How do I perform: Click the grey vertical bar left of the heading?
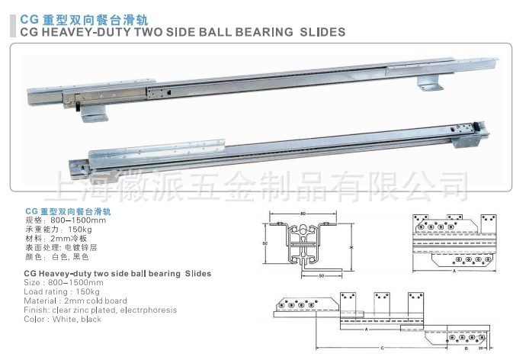coord(11,25)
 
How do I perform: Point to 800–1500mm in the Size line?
coord(69,282)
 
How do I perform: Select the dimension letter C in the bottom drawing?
coord(381,349)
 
